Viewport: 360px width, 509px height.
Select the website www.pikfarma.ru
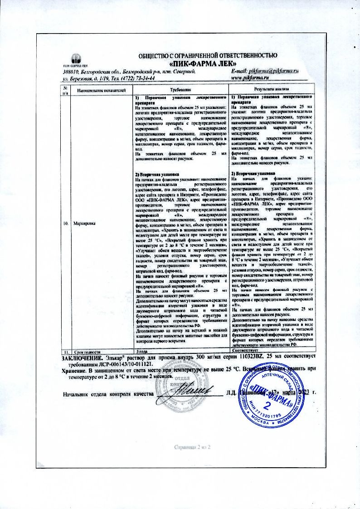click(x=251, y=78)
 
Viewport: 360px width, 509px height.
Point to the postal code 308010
click(x=71, y=72)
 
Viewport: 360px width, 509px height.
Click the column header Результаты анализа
click(x=271, y=90)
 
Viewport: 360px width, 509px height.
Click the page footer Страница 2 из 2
click(x=193, y=447)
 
